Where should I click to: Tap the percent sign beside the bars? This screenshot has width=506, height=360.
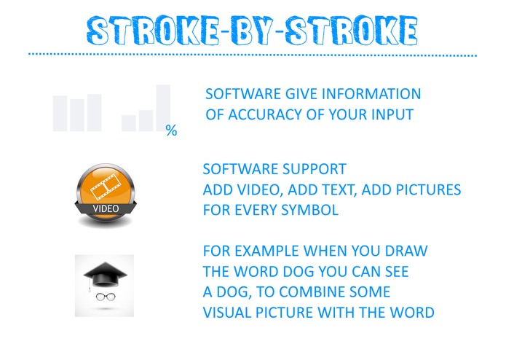(x=171, y=131)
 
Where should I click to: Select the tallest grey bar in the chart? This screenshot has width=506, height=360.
(x=163, y=108)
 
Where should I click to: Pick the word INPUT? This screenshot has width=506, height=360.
(x=390, y=114)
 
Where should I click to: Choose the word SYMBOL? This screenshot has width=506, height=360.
(x=318, y=210)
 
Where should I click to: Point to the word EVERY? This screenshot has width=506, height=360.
(x=266, y=210)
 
